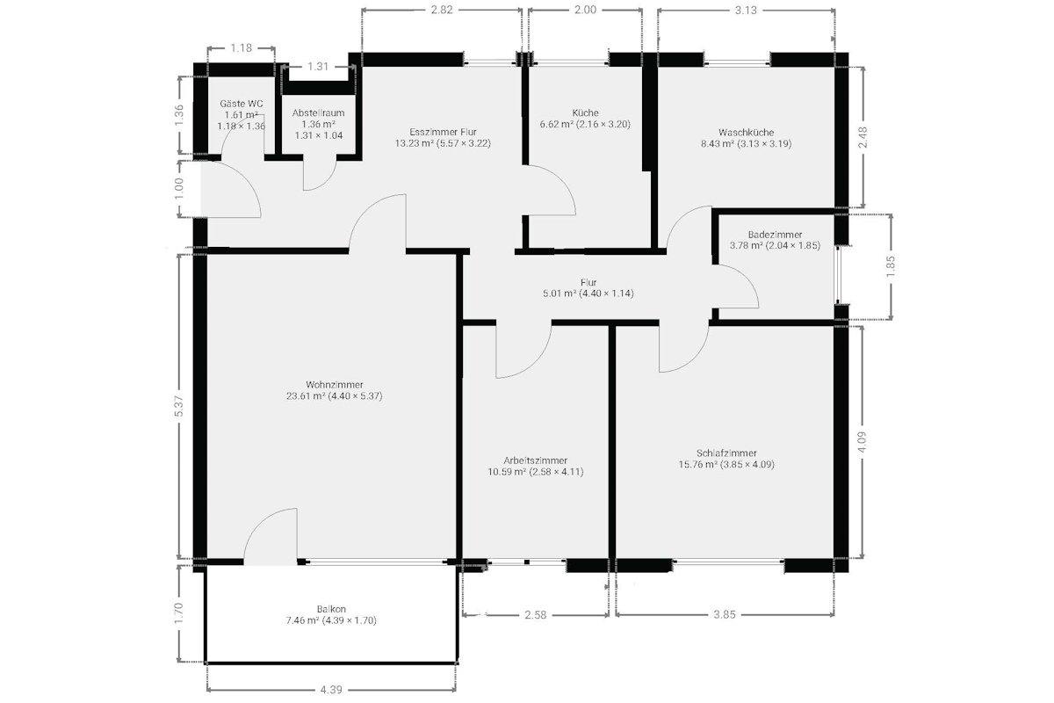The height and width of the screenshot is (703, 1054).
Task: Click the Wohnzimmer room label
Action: tap(335, 385)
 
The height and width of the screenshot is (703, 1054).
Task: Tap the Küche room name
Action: tap(585, 113)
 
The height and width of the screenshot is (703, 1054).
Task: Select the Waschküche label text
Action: tap(747, 133)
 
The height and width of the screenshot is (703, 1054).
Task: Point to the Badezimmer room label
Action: tap(775, 235)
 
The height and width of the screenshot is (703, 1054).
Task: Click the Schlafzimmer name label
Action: tap(726, 453)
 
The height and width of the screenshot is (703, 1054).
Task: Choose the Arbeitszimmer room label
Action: tap(536, 460)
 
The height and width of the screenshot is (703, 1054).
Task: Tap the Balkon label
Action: tap(331, 609)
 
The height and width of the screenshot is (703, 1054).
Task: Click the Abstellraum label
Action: tap(319, 113)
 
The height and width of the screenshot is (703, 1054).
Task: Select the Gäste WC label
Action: tap(242, 104)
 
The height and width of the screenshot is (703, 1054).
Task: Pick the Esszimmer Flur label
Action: tap(443, 133)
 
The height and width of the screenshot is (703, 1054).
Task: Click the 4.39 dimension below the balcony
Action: tap(331, 690)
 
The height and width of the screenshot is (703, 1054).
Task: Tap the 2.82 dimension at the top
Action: tap(442, 10)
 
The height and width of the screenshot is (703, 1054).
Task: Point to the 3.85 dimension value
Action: tap(725, 614)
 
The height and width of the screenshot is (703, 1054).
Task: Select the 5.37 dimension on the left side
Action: tap(179, 406)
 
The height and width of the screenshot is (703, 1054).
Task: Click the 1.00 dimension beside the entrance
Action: tap(179, 188)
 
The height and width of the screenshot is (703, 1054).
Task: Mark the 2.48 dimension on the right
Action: tap(863, 137)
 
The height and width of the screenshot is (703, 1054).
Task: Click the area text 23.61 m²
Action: tap(306, 396)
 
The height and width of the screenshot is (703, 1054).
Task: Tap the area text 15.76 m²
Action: tap(697, 464)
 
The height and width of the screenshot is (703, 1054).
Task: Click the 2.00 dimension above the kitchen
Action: tap(585, 10)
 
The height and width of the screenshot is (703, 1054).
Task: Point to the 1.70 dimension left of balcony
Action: tap(179, 613)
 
